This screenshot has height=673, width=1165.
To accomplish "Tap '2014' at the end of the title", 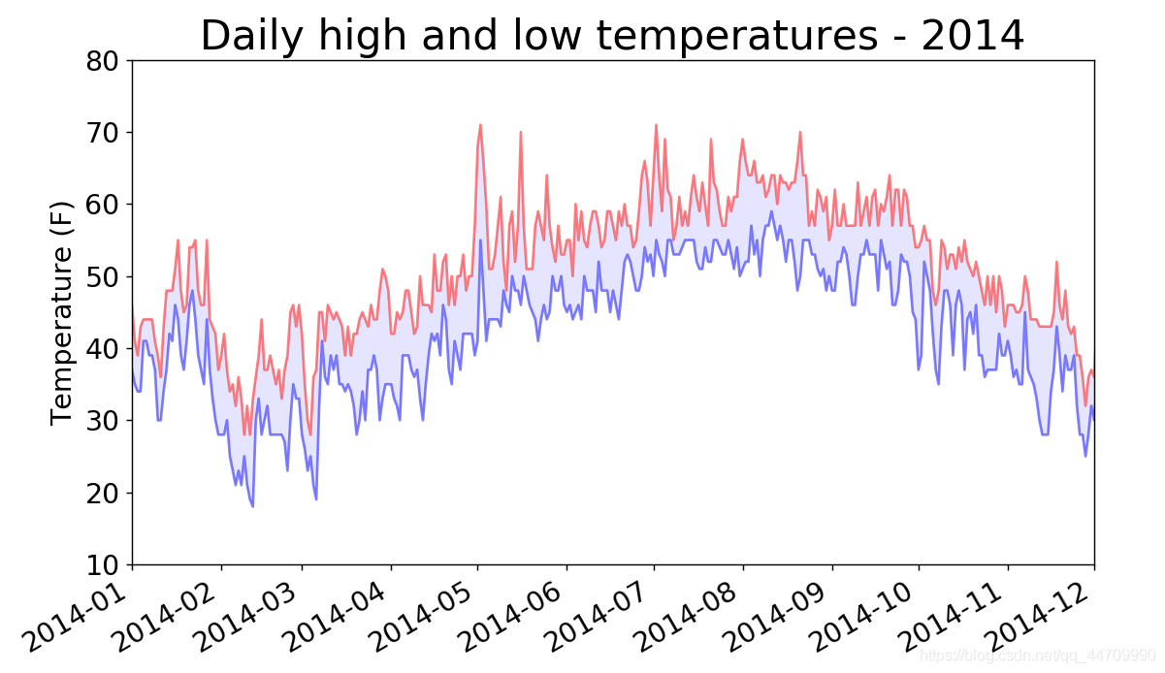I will tap(973, 36).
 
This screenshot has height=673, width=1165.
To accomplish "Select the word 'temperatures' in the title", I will tap(736, 36).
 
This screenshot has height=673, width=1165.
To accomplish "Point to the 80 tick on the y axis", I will tap(103, 60).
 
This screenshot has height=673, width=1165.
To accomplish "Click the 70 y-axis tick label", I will tap(103, 132).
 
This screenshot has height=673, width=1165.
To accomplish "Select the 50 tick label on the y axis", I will tap(103, 276).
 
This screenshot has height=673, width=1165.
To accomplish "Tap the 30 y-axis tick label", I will tap(103, 421).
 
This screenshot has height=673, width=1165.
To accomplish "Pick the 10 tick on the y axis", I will tap(103, 564).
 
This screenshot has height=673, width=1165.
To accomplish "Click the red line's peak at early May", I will tap(480, 125).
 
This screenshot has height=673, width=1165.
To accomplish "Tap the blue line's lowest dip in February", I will tap(253, 505).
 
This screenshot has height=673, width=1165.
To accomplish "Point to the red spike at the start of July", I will tap(656, 125).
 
